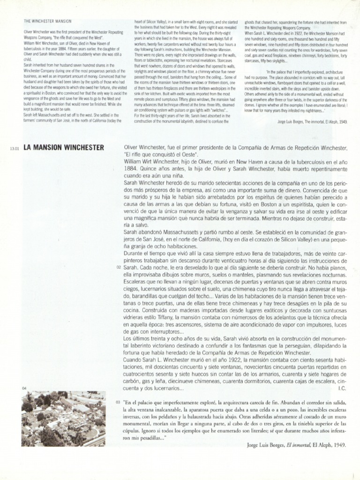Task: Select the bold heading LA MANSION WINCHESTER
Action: point(63,148)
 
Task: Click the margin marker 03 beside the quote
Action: point(118,403)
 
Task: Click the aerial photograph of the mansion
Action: point(63,418)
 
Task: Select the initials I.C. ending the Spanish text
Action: point(342,389)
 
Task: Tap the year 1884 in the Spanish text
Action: point(132,168)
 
